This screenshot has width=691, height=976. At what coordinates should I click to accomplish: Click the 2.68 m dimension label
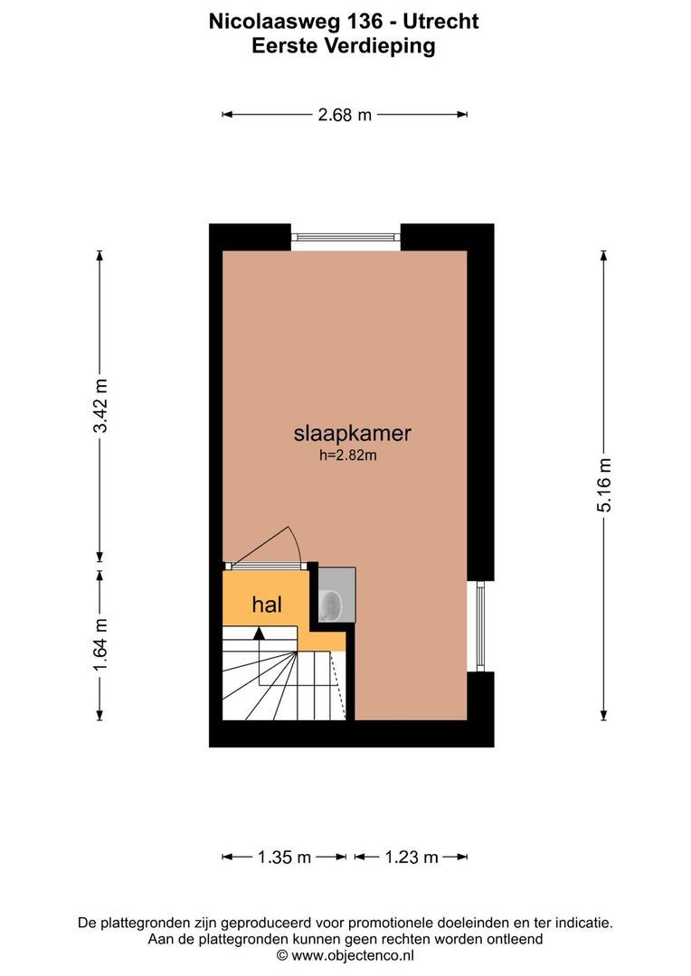tap(345, 115)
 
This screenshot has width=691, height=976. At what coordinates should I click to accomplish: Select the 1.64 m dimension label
tap(100, 643)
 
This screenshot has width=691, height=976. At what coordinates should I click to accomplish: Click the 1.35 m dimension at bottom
tap(285, 858)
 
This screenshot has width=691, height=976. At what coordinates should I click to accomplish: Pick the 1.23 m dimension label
tap(412, 858)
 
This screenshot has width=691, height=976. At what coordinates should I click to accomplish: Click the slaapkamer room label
tap(352, 434)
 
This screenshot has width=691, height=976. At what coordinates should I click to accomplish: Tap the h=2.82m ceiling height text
tap(348, 456)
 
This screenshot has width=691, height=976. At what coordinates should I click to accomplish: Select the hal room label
tap(267, 605)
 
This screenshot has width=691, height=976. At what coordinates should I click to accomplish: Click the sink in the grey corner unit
tap(331, 603)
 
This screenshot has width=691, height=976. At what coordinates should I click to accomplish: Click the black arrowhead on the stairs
tap(260, 633)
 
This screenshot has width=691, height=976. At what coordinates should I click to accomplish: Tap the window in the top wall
tap(345, 238)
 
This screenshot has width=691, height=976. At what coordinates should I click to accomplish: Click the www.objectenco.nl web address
tap(353, 954)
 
